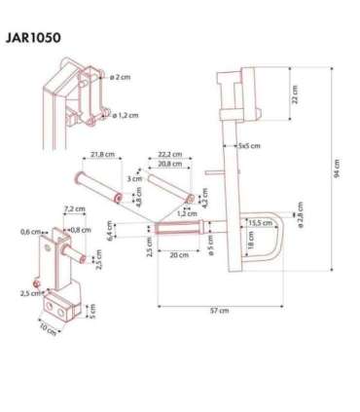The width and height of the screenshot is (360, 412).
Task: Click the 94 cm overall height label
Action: tap(338, 171)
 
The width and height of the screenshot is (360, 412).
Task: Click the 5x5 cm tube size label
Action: tap(247, 144)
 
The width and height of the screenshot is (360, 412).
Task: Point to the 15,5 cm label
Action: tap(259, 223)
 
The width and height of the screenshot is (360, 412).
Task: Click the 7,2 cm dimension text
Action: tap(70, 208)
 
